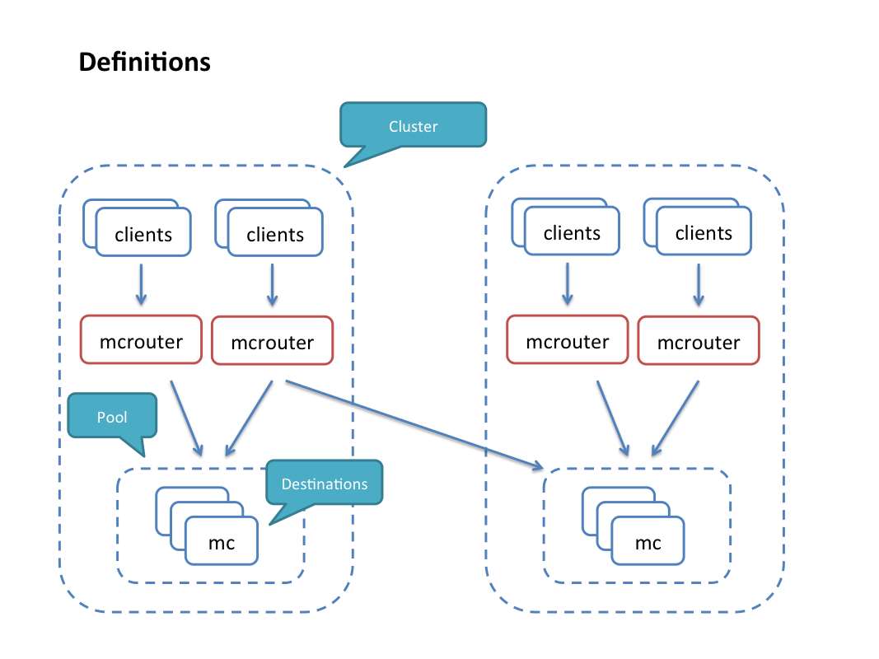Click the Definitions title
tap(144, 62)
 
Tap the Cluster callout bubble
tap(413, 126)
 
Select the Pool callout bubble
tap(112, 416)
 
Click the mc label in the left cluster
tap(222, 543)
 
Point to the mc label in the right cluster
tap(648, 543)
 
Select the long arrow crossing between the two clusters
tap(412, 424)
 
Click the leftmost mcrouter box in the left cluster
tap(141, 339)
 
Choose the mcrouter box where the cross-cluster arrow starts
tap(273, 341)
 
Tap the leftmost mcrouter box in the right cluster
tap(568, 339)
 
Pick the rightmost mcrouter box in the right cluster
tap(699, 341)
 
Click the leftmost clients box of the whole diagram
tap(143, 233)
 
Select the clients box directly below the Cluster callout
tap(275, 234)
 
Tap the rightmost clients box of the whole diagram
tap(704, 232)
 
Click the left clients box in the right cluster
tap(572, 232)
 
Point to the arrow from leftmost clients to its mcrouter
tap(141, 284)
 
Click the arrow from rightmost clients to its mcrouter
tap(699, 284)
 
